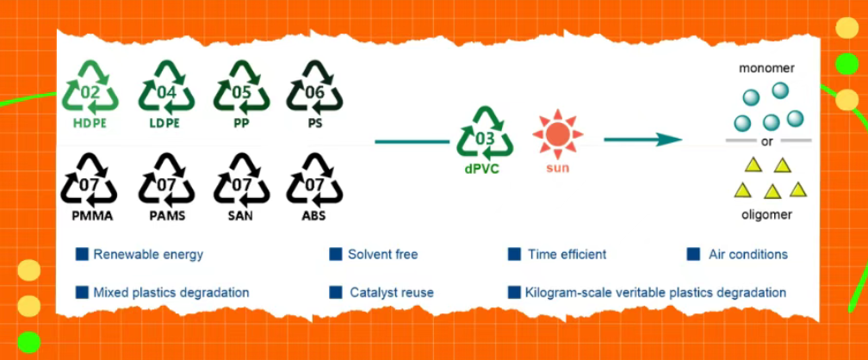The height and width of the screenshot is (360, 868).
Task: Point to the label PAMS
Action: (166, 215)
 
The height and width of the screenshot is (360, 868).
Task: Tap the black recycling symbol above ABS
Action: (314, 179)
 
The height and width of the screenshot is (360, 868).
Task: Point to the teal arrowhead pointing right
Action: (669, 139)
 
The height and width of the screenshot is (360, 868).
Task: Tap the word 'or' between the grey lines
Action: (768, 140)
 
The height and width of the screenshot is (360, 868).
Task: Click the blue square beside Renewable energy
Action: (83, 254)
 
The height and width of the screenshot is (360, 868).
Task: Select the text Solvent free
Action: (382, 255)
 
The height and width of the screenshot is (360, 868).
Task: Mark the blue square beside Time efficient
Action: (514, 254)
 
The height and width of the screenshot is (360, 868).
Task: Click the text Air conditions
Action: (747, 255)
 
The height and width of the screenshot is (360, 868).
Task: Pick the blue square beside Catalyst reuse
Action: (337, 292)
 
